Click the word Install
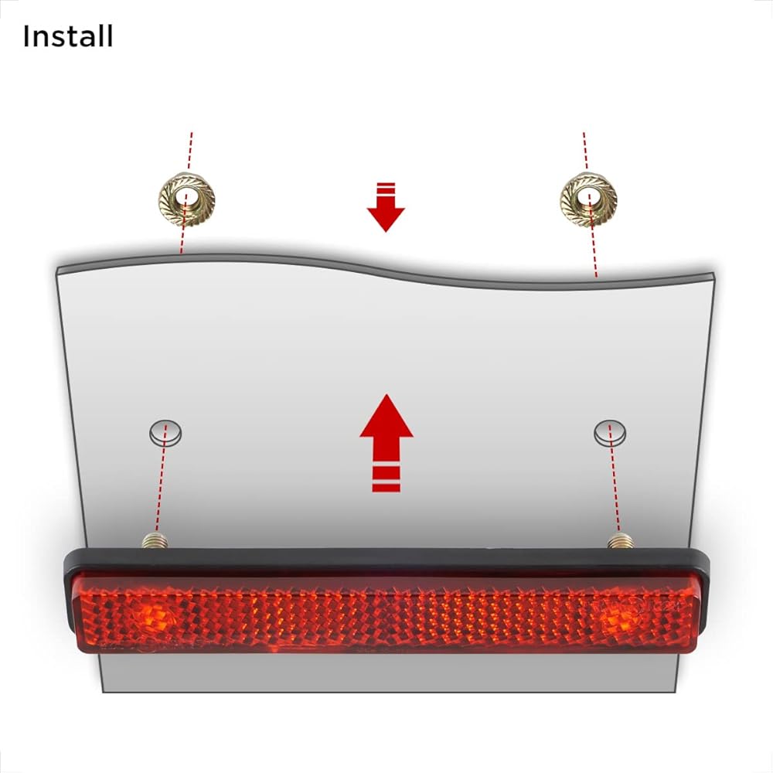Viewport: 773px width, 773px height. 68,36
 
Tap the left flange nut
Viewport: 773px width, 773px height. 186,199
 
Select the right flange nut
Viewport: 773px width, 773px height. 588,199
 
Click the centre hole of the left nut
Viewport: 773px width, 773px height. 186,198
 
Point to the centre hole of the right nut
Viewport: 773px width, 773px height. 589,198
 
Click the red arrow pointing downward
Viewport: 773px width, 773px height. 386,213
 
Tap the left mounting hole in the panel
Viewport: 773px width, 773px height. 166,432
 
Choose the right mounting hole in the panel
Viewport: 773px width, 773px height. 610,433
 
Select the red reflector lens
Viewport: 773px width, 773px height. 386,615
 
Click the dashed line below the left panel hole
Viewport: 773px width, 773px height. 160,487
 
